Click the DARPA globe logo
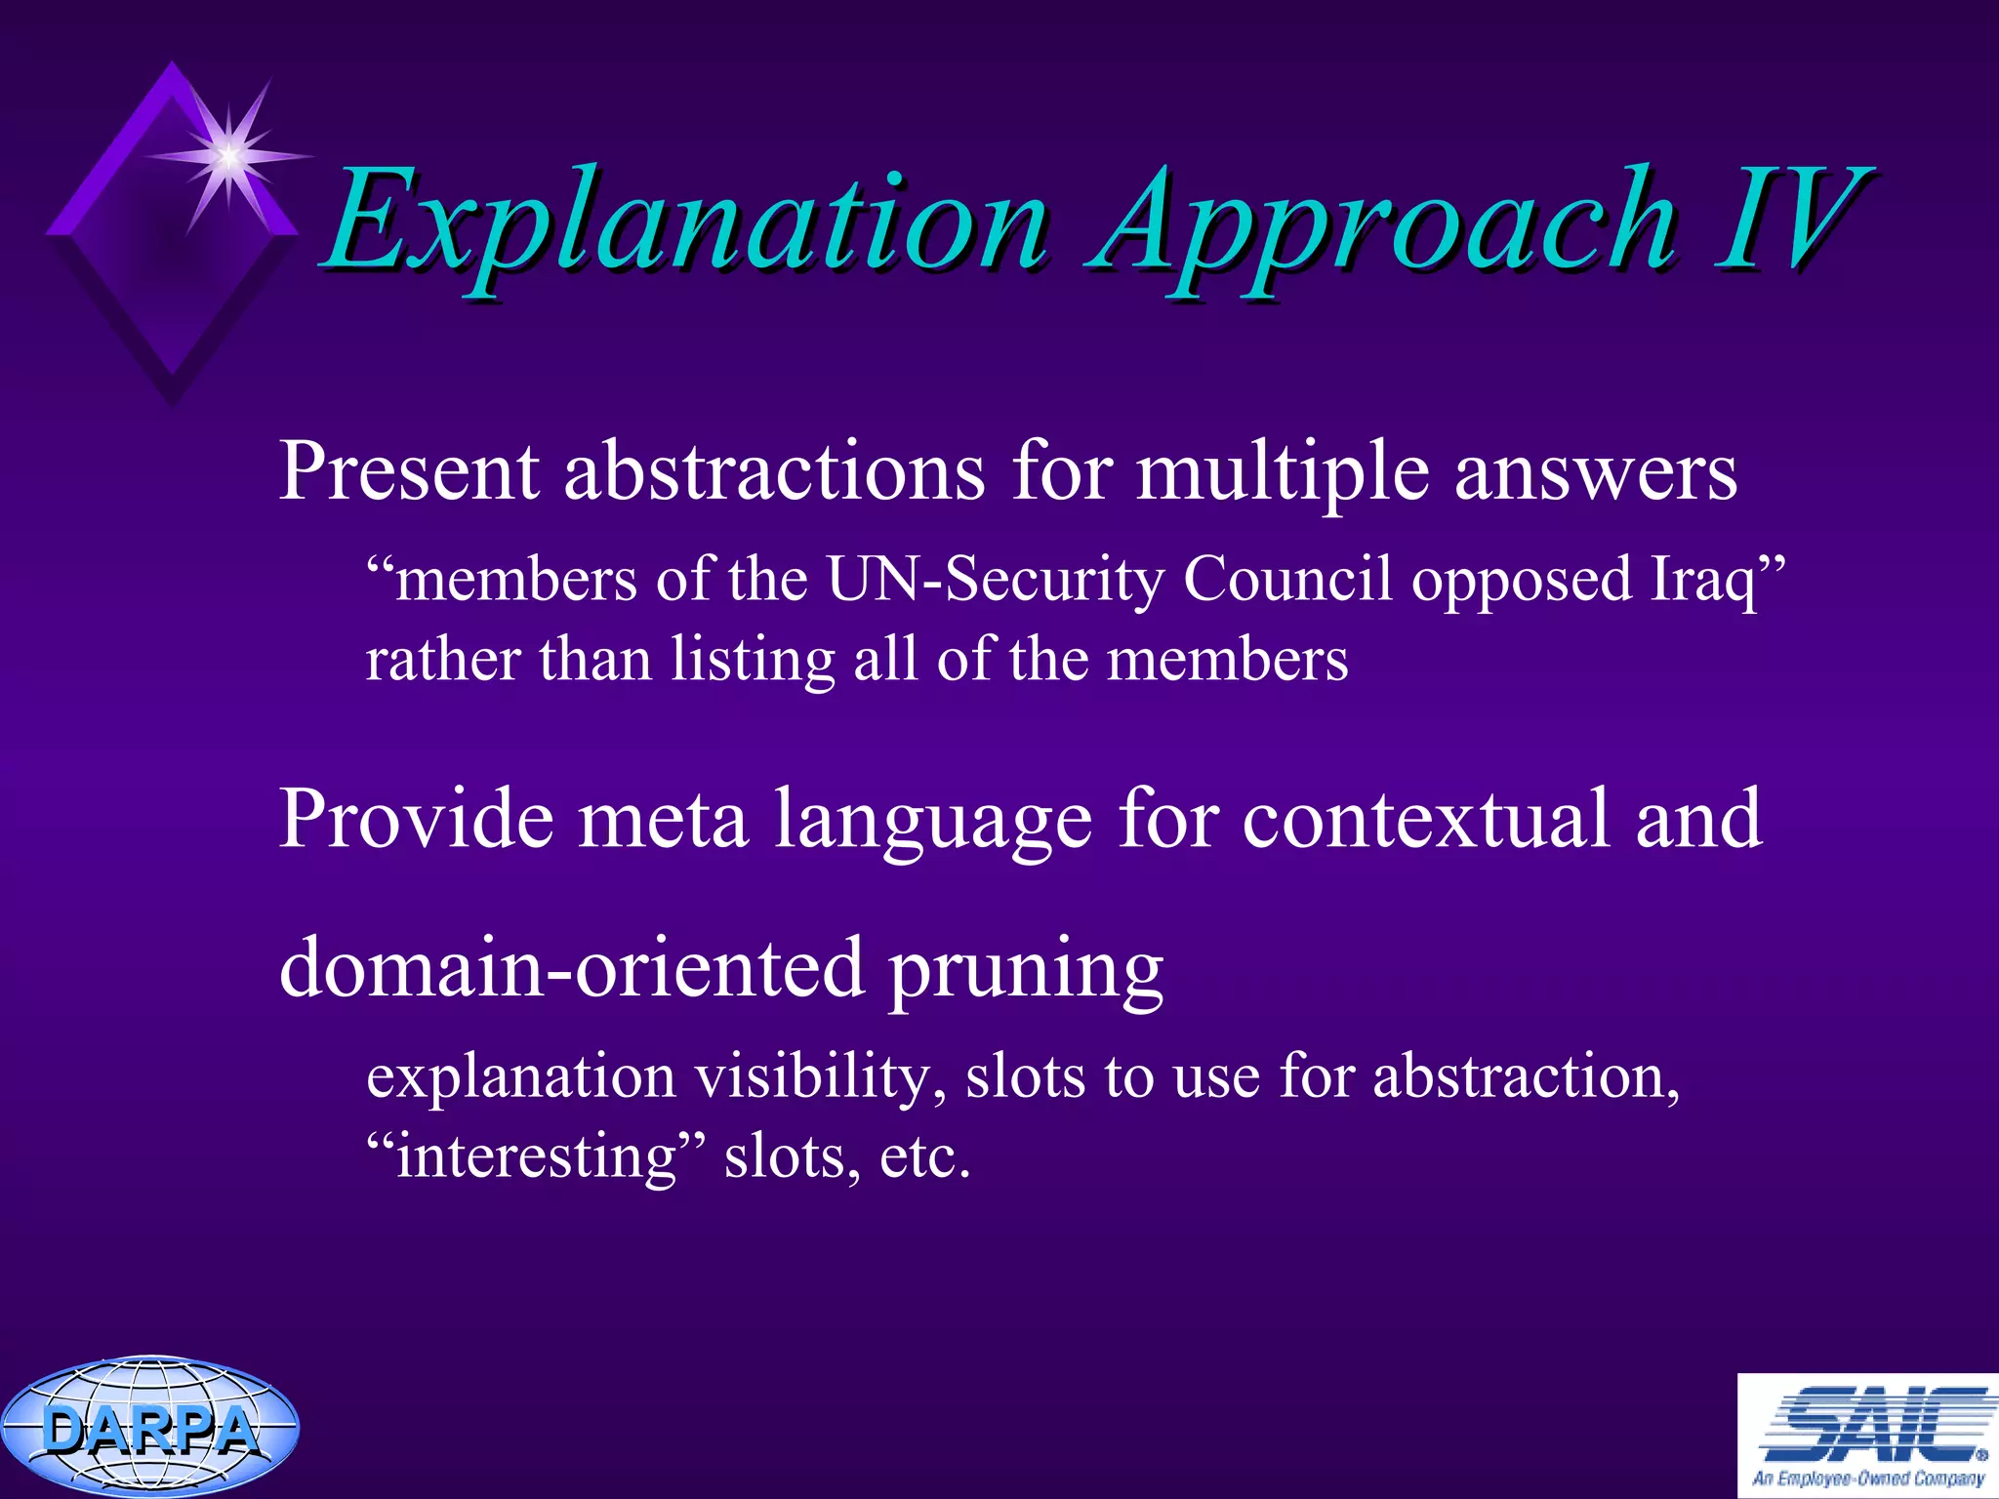pyautogui.click(x=148, y=1428)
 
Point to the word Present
pyautogui.click(x=408, y=471)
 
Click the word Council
pyautogui.click(x=1287, y=579)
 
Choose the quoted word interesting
pyautogui.click(x=536, y=1157)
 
